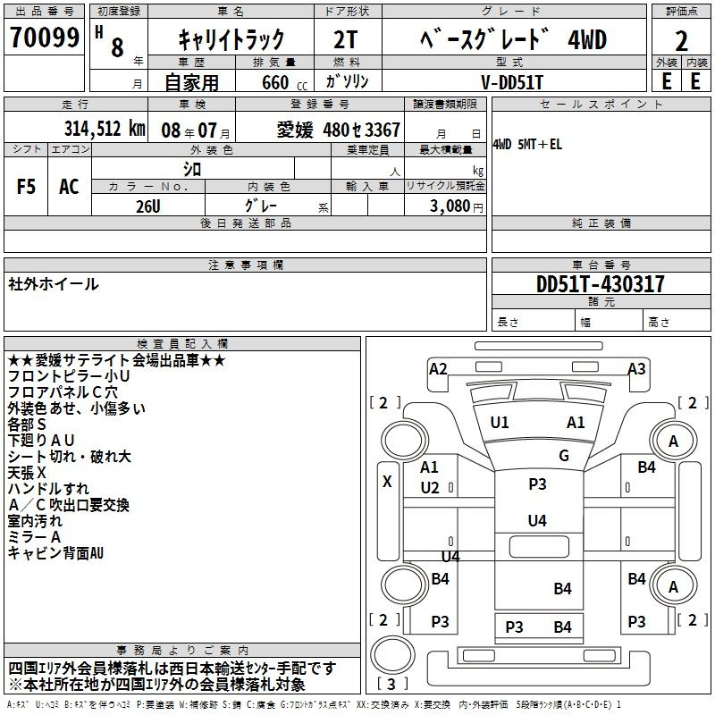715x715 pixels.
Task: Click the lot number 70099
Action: pos(44,38)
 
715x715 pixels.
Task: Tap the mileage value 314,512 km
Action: pos(105,129)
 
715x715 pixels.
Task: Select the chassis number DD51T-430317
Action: pos(600,284)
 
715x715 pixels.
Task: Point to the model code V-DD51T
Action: pos(512,82)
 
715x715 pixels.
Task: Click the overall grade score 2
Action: pos(681,41)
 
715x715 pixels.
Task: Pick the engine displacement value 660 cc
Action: pos(284,82)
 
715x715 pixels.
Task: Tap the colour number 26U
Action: pos(148,206)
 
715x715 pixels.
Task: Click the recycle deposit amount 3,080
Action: pos(450,206)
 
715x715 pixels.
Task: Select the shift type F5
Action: pos(26,187)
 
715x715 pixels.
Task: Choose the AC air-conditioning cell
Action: pos(69,187)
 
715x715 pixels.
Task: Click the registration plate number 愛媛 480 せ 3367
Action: pos(339,130)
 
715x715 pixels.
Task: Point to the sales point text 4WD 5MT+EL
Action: pos(527,145)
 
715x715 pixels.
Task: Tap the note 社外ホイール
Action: pos(54,284)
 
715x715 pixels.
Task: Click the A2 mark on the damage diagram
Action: pos(438,368)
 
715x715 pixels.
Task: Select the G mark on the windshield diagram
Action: pos(564,455)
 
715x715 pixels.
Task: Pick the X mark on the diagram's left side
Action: pos(387,482)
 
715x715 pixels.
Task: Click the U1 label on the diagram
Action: pos(500,423)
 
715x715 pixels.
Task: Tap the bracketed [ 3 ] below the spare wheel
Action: pos(391,684)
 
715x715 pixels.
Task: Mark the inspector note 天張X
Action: pos(27,473)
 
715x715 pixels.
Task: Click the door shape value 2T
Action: pos(346,40)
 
